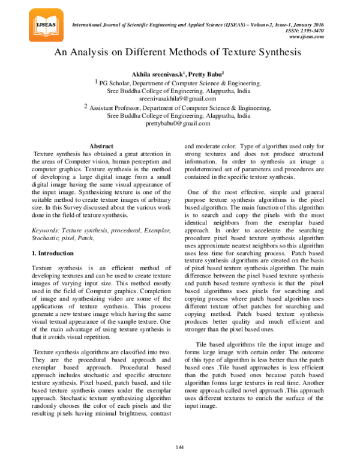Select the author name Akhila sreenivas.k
156,73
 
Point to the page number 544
179,447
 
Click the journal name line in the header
198,24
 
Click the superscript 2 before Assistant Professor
86,105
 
